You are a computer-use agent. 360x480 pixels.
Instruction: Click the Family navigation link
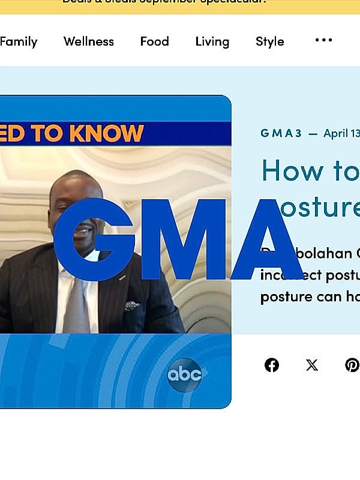(x=18, y=41)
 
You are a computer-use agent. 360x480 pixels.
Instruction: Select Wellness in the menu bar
(x=88, y=41)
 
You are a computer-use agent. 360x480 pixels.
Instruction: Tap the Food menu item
(x=154, y=41)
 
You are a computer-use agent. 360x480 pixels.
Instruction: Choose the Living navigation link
(x=212, y=41)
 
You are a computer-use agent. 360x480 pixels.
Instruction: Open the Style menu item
(x=269, y=41)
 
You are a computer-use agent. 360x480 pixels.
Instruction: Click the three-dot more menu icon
(x=323, y=40)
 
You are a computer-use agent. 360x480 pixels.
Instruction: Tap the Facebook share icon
(x=272, y=365)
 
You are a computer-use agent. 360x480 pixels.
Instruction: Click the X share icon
(x=312, y=365)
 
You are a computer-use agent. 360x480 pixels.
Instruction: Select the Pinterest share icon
(x=352, y=365)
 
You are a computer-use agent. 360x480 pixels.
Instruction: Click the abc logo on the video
(x=184, y=375)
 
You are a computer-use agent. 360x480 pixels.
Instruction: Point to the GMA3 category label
(x=281, y=133)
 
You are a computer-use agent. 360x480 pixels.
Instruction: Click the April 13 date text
(x=341, y=133)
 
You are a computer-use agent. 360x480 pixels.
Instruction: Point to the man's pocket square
(x=132, y=306)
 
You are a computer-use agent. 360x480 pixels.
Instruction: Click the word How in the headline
(x=287, y=170)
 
